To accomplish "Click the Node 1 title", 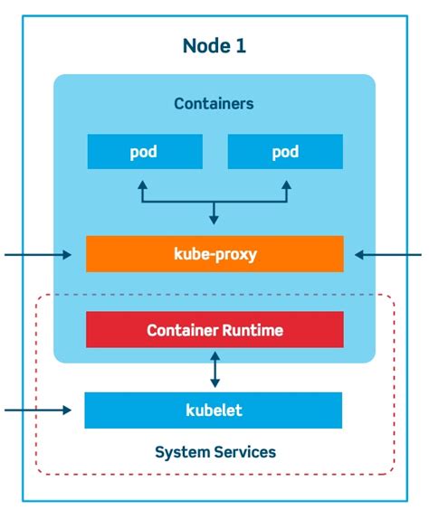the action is click(214, 46).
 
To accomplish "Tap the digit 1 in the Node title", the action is click(241, 46).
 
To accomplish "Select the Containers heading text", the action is click(214, 103).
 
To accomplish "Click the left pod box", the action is click(145, 152).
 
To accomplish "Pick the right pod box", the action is click(285, 152).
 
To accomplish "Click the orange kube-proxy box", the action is click(214, 254).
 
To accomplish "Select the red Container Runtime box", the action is click(214, 330).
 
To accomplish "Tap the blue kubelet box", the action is click(214, 410).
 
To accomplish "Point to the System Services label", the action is click(215, 452).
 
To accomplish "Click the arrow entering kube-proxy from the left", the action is click(38, 255).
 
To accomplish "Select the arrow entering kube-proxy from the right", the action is click(388, 255).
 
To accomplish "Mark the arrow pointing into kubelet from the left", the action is click(38, 410).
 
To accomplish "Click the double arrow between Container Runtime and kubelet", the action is click(215, 370).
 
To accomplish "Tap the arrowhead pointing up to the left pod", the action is click(142, 184).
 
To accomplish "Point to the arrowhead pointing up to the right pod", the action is click(287, 184).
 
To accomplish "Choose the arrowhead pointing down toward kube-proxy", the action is click(214, 220).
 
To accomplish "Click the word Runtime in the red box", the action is click(253, 330).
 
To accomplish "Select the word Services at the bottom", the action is click(244, 452).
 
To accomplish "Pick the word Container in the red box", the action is click(183, 330).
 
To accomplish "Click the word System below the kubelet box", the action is click(183, 452).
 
